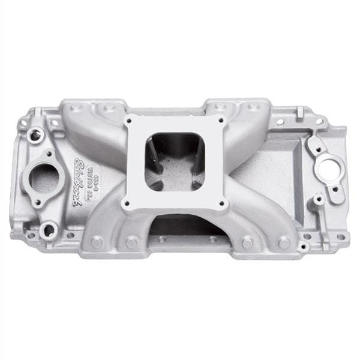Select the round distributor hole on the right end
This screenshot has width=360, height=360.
point(329,168)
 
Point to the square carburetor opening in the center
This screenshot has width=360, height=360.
point(174,161)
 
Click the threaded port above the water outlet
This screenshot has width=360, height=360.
point(35,136)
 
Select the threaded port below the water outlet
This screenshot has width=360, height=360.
point(49,229)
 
